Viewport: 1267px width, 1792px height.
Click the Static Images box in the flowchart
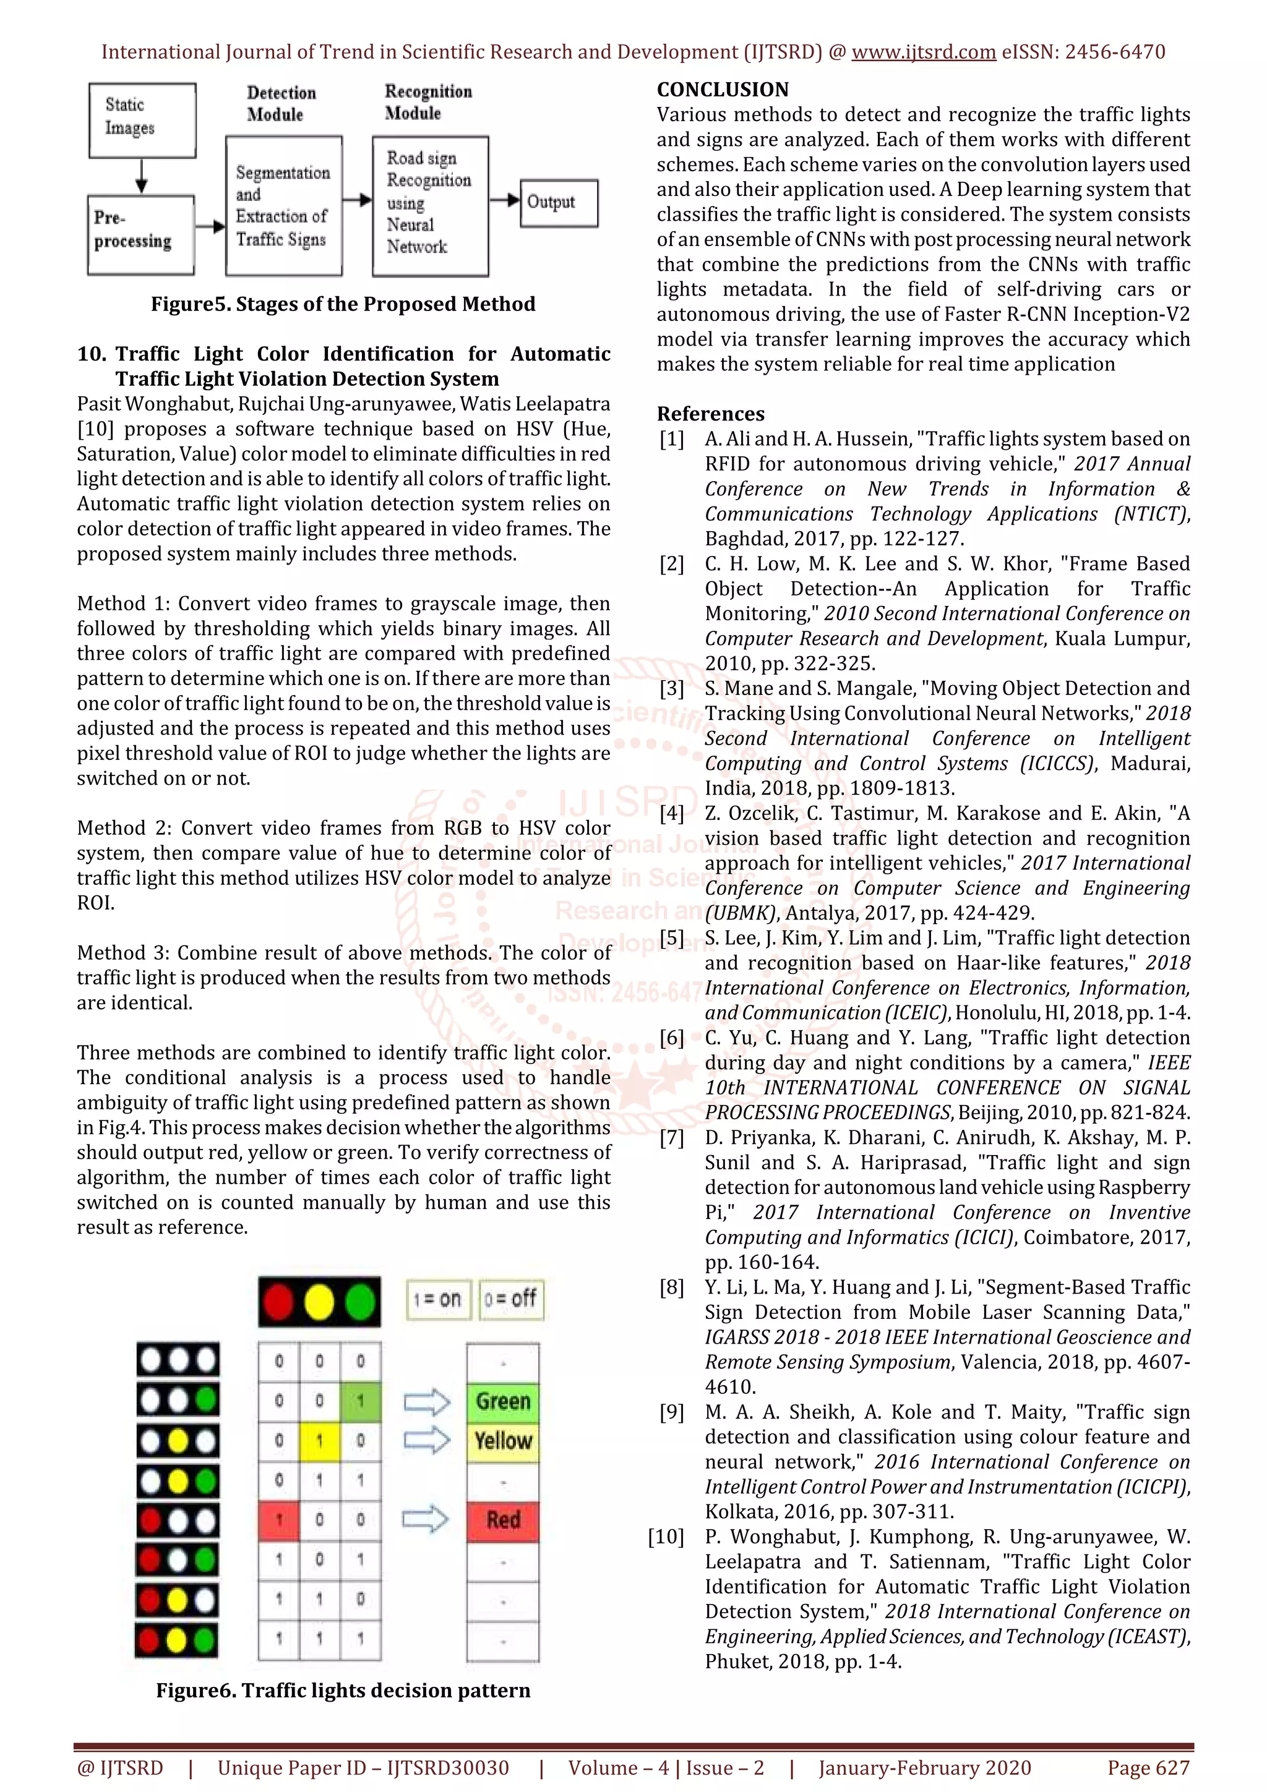tap(142, 119)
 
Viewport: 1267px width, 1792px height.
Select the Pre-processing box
tap(140, 234)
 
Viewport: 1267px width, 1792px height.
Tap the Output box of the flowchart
tap(558, 203)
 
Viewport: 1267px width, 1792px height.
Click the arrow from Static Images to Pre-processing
tap(141, 176)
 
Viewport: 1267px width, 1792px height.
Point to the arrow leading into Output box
tap(504, 200)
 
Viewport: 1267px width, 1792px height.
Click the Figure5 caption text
tap(343, 304)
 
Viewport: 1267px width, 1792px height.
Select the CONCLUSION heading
tap(722, 90)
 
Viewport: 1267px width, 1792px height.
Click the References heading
tap(710, 414)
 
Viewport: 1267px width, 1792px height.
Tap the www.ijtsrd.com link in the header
tap(923, 53)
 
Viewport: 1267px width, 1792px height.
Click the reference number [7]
tap(671, 1138)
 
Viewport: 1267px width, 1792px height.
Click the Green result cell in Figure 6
tap(503, 1401)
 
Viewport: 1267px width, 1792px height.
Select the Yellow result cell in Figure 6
tap(503, 1441)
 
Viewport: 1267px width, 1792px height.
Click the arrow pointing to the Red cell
tap(426, 1519)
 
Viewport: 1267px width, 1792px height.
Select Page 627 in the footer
tap(1148, 1768)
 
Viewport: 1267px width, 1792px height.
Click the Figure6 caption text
tap(343, 1691)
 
